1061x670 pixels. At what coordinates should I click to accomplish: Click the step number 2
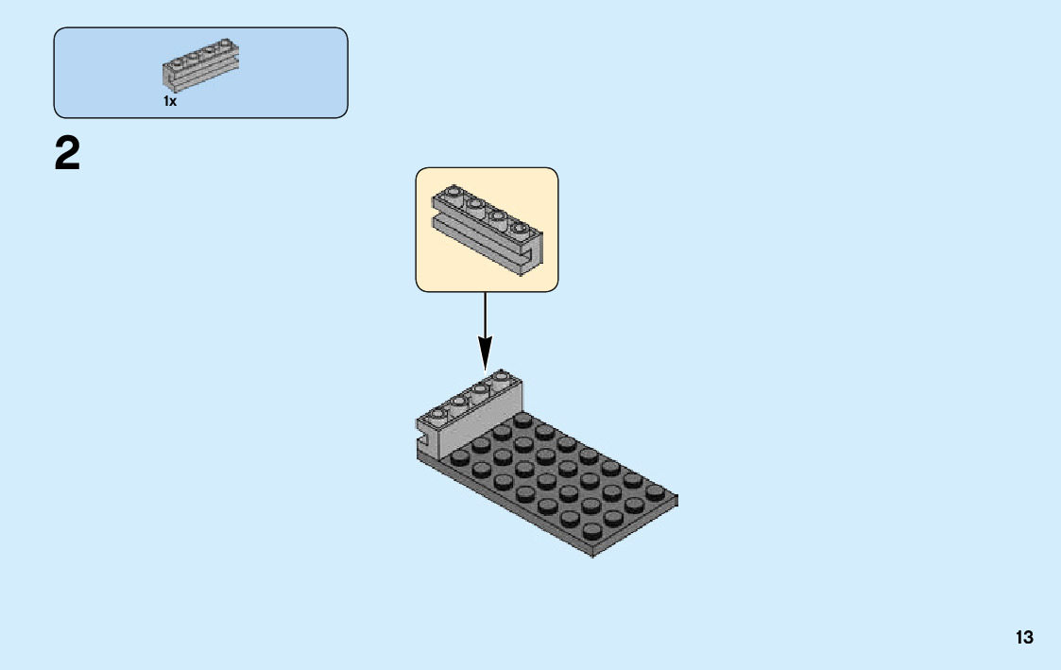click(67, 154)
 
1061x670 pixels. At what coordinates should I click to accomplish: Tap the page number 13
click(1024, 638)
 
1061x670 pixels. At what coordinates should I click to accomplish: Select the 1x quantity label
click(170, 101)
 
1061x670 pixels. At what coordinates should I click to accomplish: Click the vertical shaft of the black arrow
click(485, 317)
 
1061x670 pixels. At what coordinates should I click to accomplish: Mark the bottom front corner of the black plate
click(592, 553)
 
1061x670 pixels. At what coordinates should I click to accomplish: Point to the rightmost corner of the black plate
click(676, 498)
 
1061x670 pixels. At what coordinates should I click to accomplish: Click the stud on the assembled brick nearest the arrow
click(500, 377)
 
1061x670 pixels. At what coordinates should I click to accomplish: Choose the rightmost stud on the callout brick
click(518, 228)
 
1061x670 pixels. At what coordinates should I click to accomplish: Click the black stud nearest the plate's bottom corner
click(591, 530)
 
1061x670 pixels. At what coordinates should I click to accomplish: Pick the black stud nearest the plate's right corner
click(655, 491)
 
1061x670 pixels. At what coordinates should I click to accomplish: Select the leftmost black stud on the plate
click(459, 456)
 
